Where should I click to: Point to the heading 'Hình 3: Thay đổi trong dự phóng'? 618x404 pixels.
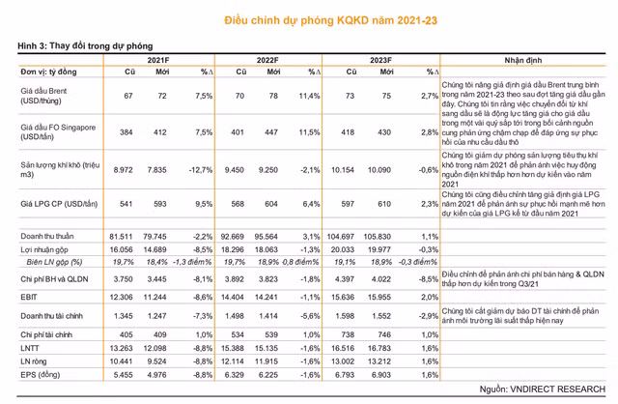80,45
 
